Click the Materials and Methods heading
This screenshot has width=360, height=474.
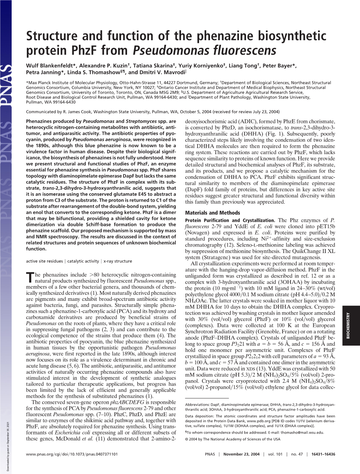[212, 213]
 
